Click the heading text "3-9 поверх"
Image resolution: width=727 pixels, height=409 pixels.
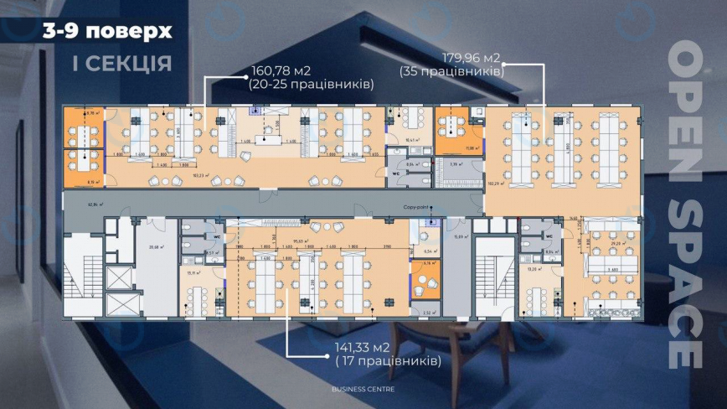click(x=108, y=32)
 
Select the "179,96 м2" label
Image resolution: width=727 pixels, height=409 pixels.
click(x=472, y=58)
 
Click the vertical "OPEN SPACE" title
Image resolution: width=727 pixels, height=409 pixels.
click(x=685, y=205)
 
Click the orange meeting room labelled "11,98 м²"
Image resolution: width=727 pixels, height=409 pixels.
click(x=453, y=136)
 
